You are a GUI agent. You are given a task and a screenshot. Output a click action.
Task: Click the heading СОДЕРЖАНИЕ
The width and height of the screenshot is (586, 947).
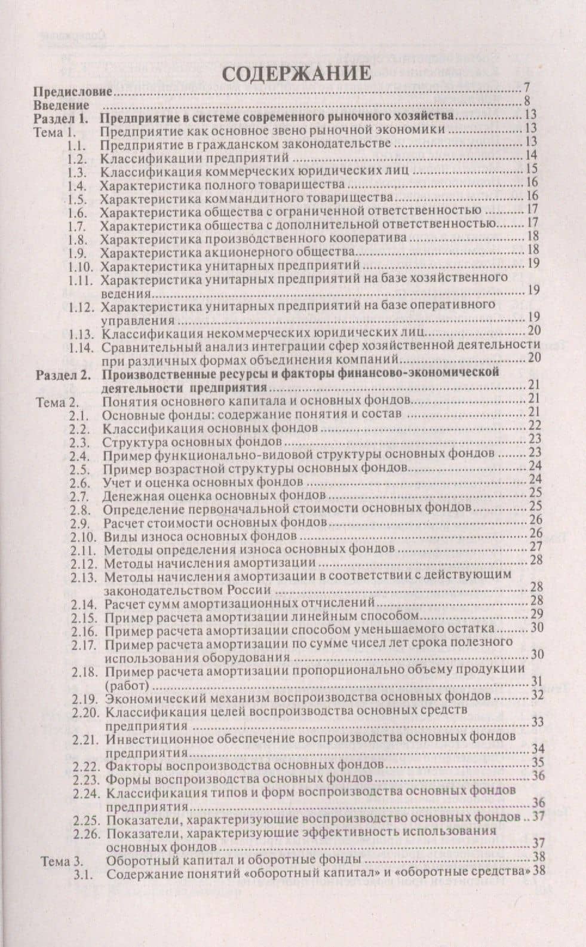click(x=296, y=74)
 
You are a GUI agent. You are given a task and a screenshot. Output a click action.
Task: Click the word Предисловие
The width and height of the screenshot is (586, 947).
click(x=73, y=93)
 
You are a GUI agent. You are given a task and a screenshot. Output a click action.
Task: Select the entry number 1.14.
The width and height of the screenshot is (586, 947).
click(x=81, y=347)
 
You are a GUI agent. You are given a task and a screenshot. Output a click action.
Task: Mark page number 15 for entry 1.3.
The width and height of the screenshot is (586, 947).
click(x=532, y=168)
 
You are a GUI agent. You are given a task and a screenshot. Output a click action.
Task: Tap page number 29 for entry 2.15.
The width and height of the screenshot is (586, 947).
click(x=536, y=615)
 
